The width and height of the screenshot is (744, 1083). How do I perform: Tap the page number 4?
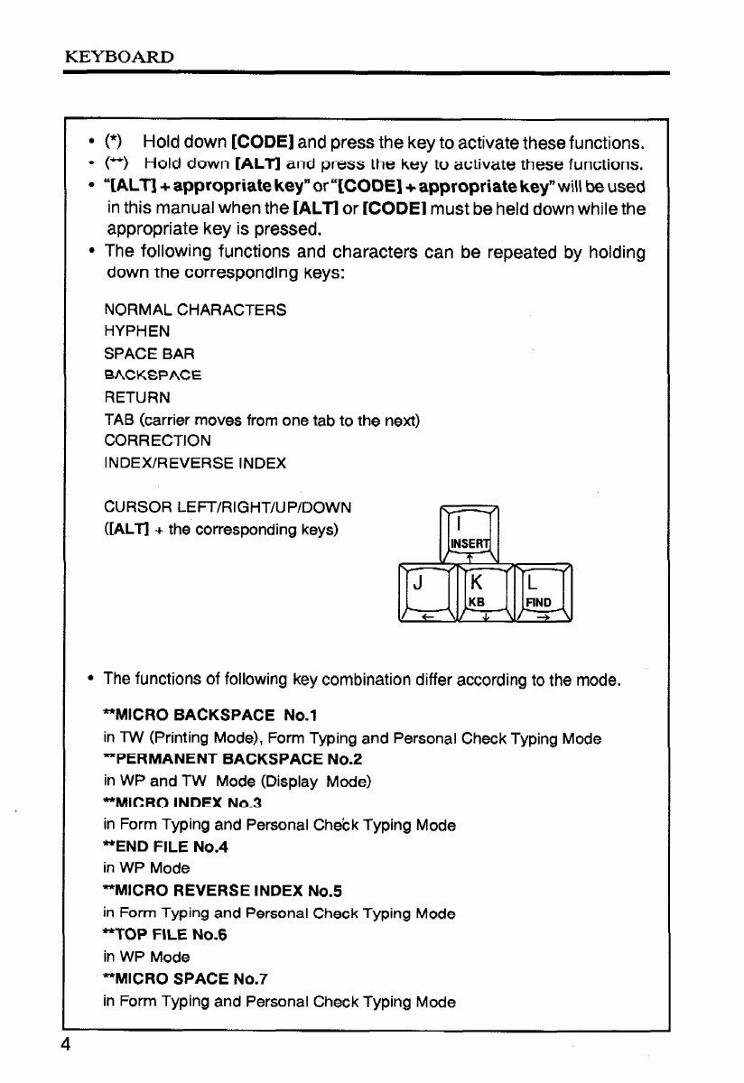pos(67,1043)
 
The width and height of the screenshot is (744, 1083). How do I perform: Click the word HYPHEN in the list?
pos(136,331)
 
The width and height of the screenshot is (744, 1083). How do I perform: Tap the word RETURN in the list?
pos(137,397)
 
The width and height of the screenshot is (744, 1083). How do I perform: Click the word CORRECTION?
pos(158,440)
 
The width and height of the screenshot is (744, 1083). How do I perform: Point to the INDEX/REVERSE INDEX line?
pos(195,463)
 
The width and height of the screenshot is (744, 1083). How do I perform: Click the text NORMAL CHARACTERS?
pos(196,310)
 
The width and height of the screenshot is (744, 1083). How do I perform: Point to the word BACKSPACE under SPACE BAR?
pos(153,375)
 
